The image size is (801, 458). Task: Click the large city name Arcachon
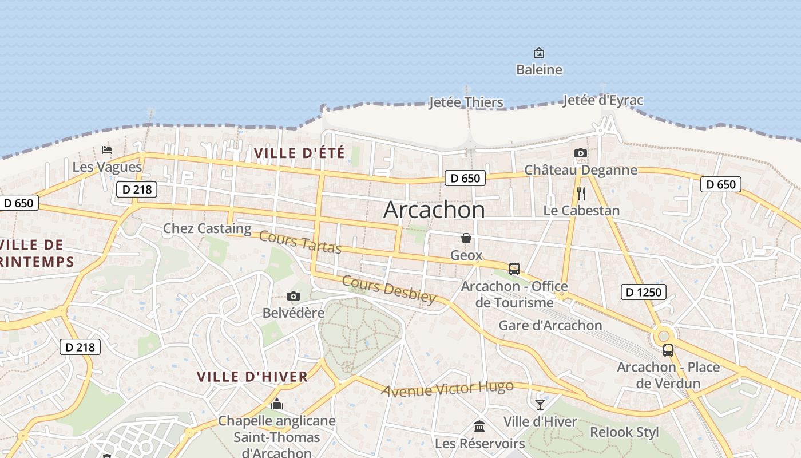[x=434, y=210]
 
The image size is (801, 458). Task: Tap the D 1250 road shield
[x=643, y=292]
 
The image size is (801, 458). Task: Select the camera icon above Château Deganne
[x=580, y=153]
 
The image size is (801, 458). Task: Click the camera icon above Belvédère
[x=294, y=296]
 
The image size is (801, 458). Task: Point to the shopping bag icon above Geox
[x=466, y=238]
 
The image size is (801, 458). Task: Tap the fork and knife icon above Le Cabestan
[x=581, y=193]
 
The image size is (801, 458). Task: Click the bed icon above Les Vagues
[x=107, y=150]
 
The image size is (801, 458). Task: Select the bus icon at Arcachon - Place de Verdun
[x=668, y=350]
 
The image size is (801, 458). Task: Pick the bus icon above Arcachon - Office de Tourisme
[x=514, y=269]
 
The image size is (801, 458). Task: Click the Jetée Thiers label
[x=466, y=102]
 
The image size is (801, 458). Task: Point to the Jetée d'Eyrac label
[x=603, y=101]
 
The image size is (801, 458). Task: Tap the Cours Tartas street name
[x=300, y=242]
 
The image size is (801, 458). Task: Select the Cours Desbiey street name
[x=389, y=289]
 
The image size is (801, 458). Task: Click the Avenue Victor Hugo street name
[x=448, y=389]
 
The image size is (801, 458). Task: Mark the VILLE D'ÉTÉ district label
[x=299, y=153]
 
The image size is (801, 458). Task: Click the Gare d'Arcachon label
[x=550, y=325]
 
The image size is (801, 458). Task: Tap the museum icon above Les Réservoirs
[x=479, y=427]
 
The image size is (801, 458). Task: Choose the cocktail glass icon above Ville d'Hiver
[x=540, y=405]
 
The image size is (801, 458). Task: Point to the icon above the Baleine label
[x=539, y=53]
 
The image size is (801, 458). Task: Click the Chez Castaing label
[x=207, y=228]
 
